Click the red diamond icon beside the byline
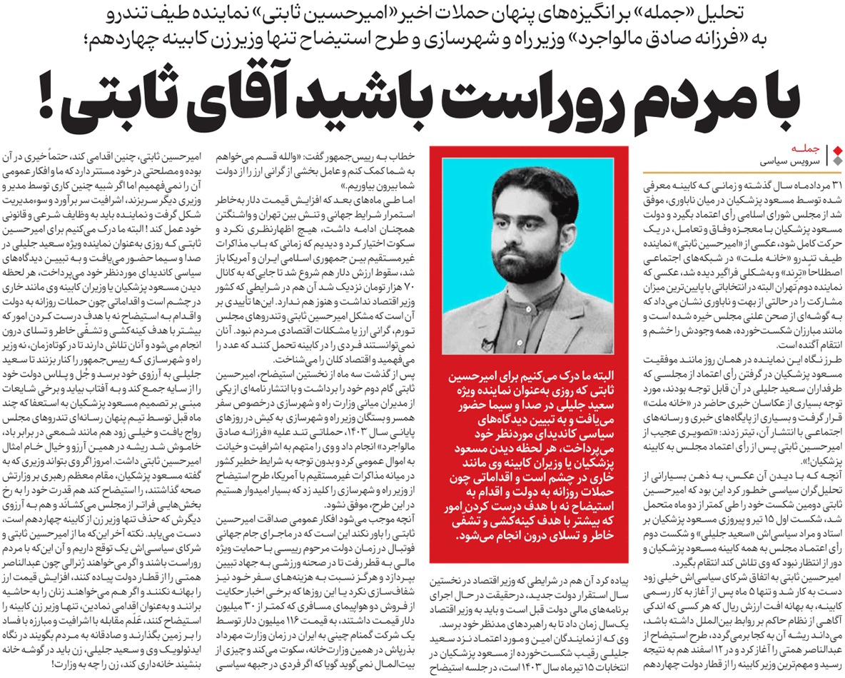(838, 148)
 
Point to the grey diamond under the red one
(838, 159)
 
